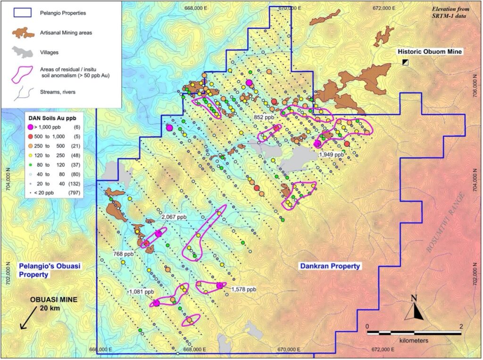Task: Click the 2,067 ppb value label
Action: pyautogui.click(x=174, y=217)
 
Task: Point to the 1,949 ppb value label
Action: pyautogui.click(x=332, y=154)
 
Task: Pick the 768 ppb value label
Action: pyautogui.click(x=124, y=253)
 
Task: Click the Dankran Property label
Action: pyautogui.click(x=330, y=267)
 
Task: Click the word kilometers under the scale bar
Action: pyautogui.click(x=414, y=340)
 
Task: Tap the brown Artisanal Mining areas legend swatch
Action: pyautogui.click(x=23, y=33)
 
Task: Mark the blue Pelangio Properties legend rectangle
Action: pyautogui.click(x=23, y=13)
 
